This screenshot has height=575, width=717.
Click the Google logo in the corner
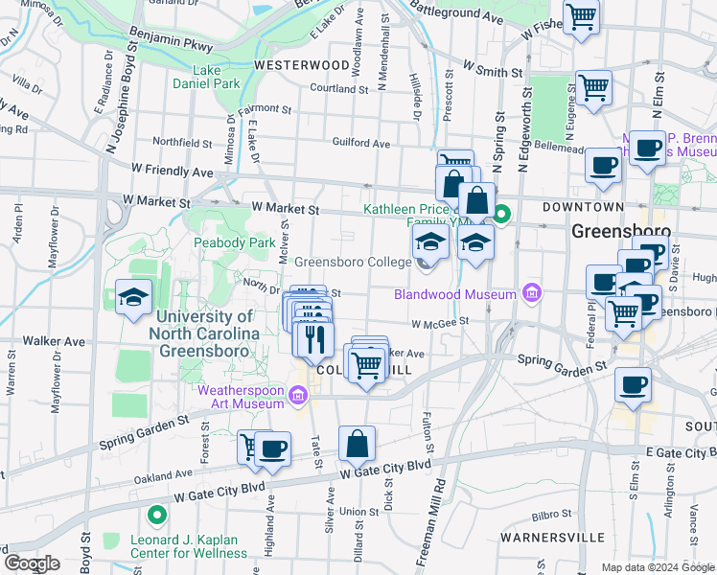(32, 563)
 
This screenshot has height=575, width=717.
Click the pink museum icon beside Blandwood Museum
(532, 293)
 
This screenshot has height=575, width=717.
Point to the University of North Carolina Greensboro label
(204, 332)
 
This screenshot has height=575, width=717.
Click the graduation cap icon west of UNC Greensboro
(132, 297)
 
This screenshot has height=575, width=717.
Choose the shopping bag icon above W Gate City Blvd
(357, 444)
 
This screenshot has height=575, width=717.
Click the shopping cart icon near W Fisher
(582, 16)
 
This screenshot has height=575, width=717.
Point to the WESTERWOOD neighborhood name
(301, 65)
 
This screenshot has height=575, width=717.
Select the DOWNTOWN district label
(583, 207)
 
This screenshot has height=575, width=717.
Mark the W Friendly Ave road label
(173, 171)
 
